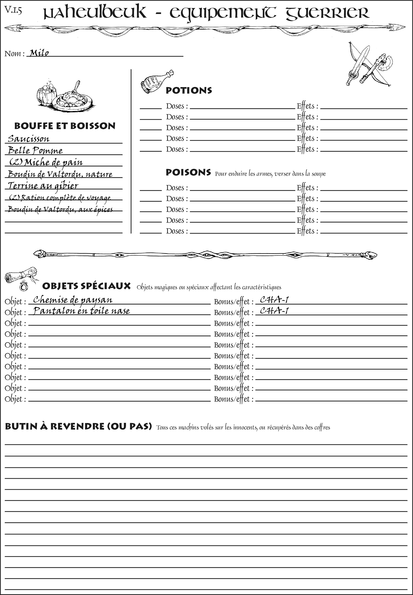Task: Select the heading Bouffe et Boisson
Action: [65, 126]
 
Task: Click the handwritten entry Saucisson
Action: [28, 139]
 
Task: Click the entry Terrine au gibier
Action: [43, 186]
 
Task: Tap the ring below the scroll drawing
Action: [24, 286]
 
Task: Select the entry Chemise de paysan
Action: [72, 300]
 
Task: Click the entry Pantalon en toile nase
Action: [81, 311]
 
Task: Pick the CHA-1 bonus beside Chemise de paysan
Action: [274, 300]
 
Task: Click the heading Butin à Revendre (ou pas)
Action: [78, 426]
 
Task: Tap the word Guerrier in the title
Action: [327, 13]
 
